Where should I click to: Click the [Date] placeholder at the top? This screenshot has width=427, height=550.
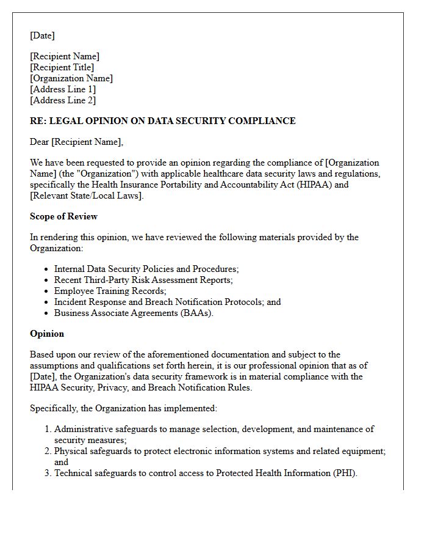click(42, 35)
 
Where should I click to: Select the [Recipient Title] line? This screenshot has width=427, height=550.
click(62, 67)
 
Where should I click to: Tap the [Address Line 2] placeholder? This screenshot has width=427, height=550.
click(63, 100)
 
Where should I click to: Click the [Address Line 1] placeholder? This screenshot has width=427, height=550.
click(63, 89)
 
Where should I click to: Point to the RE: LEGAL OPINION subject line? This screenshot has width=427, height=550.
click(162, 121)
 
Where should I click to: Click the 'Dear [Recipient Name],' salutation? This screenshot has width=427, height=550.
click(76, 142)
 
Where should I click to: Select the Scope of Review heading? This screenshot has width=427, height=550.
click(63, 216)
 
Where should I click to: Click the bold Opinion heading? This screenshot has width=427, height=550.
click(47, 334)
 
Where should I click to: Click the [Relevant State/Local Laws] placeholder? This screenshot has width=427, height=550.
click(87, 196)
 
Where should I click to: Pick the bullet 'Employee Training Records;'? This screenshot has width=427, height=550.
click(110, 291)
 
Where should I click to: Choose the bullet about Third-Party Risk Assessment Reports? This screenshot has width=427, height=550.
click(143, 280)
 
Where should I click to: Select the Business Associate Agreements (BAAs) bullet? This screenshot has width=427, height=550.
click(134, 313)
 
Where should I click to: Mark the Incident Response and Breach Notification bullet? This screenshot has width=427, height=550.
click(167, 302)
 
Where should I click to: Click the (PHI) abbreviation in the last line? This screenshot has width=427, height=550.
click(344, 473)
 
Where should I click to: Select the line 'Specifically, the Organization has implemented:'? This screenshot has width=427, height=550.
click(123, 408)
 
